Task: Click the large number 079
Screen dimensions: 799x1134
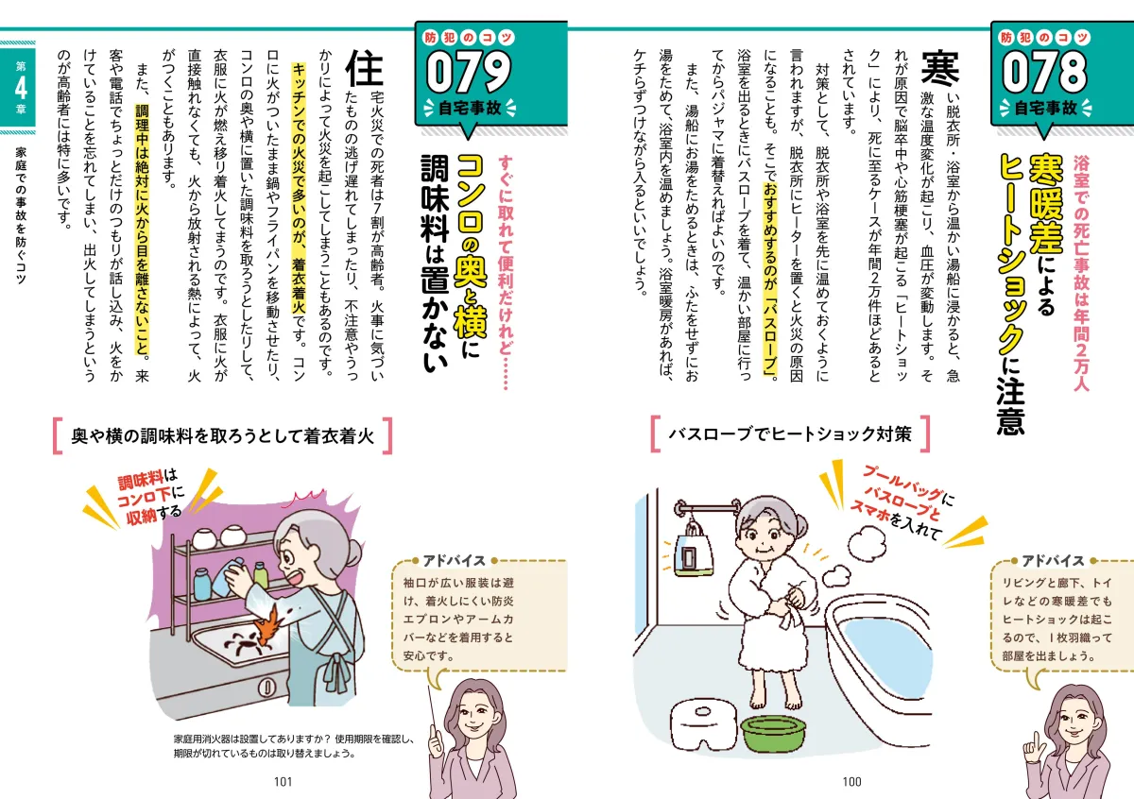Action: click(x=470, y=72)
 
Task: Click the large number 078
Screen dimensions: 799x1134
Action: click(x=1046, y=72)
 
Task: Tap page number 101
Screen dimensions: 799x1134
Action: click(x=283, y=781)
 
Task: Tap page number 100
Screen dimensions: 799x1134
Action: click(x=850, y=781)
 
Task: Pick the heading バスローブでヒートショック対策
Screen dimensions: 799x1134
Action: click(x=789, y=434)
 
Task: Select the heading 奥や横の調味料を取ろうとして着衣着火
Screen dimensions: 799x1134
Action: click(x=223, y=435)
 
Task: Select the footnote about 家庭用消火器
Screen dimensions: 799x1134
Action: click(x=293, y=746)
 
